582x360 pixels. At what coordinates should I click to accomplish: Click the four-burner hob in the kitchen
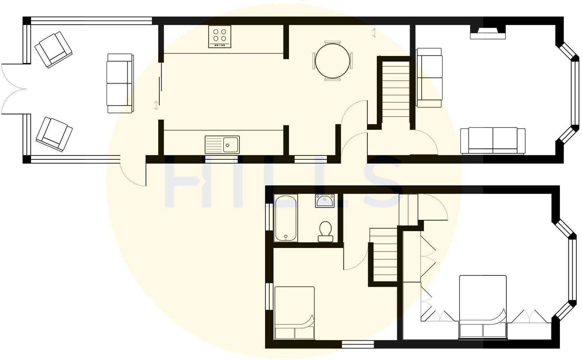(x=220, y=36)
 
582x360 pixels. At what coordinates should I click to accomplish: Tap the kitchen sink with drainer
(x=222, y=145)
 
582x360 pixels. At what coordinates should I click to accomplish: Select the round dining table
(x=333, y=61)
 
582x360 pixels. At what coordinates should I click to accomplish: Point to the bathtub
(x=286, y=218)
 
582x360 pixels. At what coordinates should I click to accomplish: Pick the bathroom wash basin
(x=325, y=201)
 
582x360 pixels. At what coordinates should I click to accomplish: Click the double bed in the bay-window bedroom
(x=482, y=307)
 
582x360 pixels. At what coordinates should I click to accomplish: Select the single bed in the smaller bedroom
(x=294, y=313)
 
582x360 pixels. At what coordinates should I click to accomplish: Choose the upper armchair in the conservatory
(x=54, y=50)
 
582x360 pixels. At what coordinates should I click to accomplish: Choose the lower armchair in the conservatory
(x=54, y=134)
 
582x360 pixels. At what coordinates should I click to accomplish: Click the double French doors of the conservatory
(x=13, y=89)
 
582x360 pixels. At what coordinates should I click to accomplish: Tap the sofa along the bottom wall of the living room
(x=492, y=141)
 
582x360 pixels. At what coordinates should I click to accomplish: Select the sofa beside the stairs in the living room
(x=429, y=78)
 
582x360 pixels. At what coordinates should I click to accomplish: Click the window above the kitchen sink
(x=221, y=160)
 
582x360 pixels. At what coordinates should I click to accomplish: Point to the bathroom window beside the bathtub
(x=269, y=216)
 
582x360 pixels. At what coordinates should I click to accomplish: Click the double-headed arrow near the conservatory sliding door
(x=156, y=105)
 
